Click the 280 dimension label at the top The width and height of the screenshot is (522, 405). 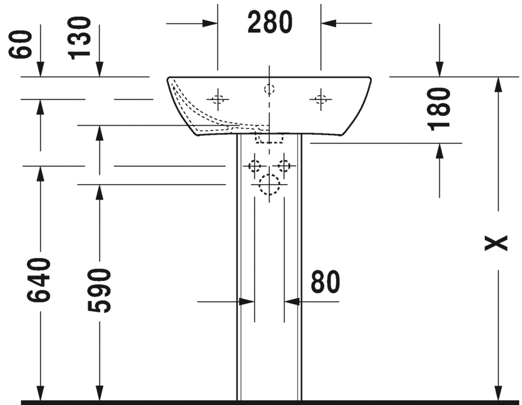(x=270, y=23)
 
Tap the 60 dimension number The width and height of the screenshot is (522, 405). (x=20, y=44)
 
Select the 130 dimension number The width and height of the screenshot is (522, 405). (x=79, y=38)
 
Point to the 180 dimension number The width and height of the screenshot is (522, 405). (x=439, y=109)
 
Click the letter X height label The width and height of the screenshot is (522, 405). (x=496, y=243)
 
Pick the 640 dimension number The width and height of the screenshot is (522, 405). (x=39, y=280)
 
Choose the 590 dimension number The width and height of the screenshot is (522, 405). (x=99, y=290)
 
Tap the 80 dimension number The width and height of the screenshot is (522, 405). (x=325, y=282)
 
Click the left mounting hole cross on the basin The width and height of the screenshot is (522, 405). (x=218, y=100)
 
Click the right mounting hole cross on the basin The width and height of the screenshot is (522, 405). (x=320, y=100)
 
